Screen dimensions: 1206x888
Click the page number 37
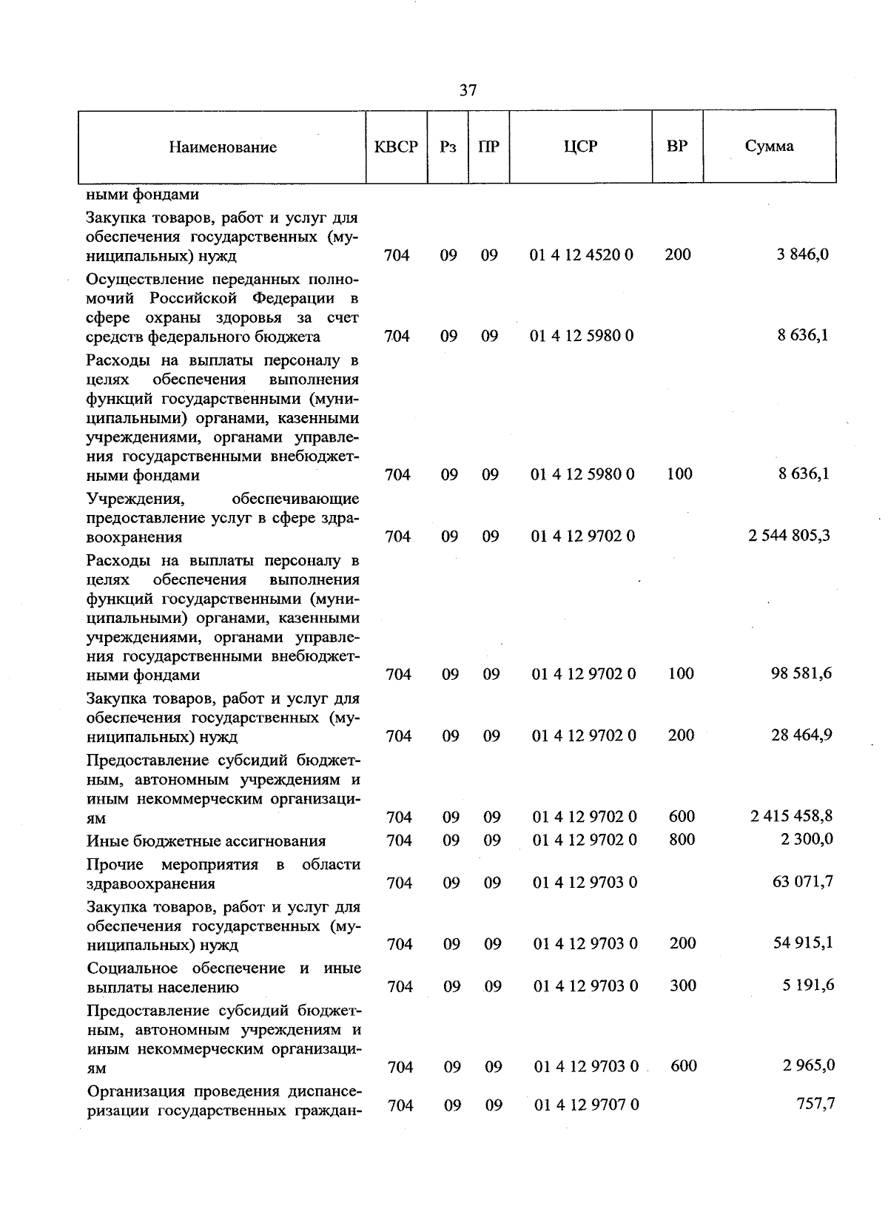468,91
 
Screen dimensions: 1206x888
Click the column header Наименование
223,147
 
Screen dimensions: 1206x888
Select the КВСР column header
397,146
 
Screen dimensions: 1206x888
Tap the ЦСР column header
580,146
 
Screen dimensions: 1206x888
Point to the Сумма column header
769,146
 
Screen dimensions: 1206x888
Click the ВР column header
677,146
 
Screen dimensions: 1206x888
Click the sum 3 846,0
802,255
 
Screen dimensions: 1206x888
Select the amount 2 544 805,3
789,535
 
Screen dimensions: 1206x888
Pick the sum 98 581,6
801,673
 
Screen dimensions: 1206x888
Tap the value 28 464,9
801,735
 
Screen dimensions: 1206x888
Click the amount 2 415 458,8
791,816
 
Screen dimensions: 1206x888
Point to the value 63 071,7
803,882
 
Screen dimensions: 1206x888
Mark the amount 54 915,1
803,943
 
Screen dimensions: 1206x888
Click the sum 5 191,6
806,986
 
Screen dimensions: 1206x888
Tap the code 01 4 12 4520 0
582,255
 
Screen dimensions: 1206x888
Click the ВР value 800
682,839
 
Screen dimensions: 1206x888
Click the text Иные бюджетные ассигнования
206,841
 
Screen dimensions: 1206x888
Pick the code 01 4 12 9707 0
586,1105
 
